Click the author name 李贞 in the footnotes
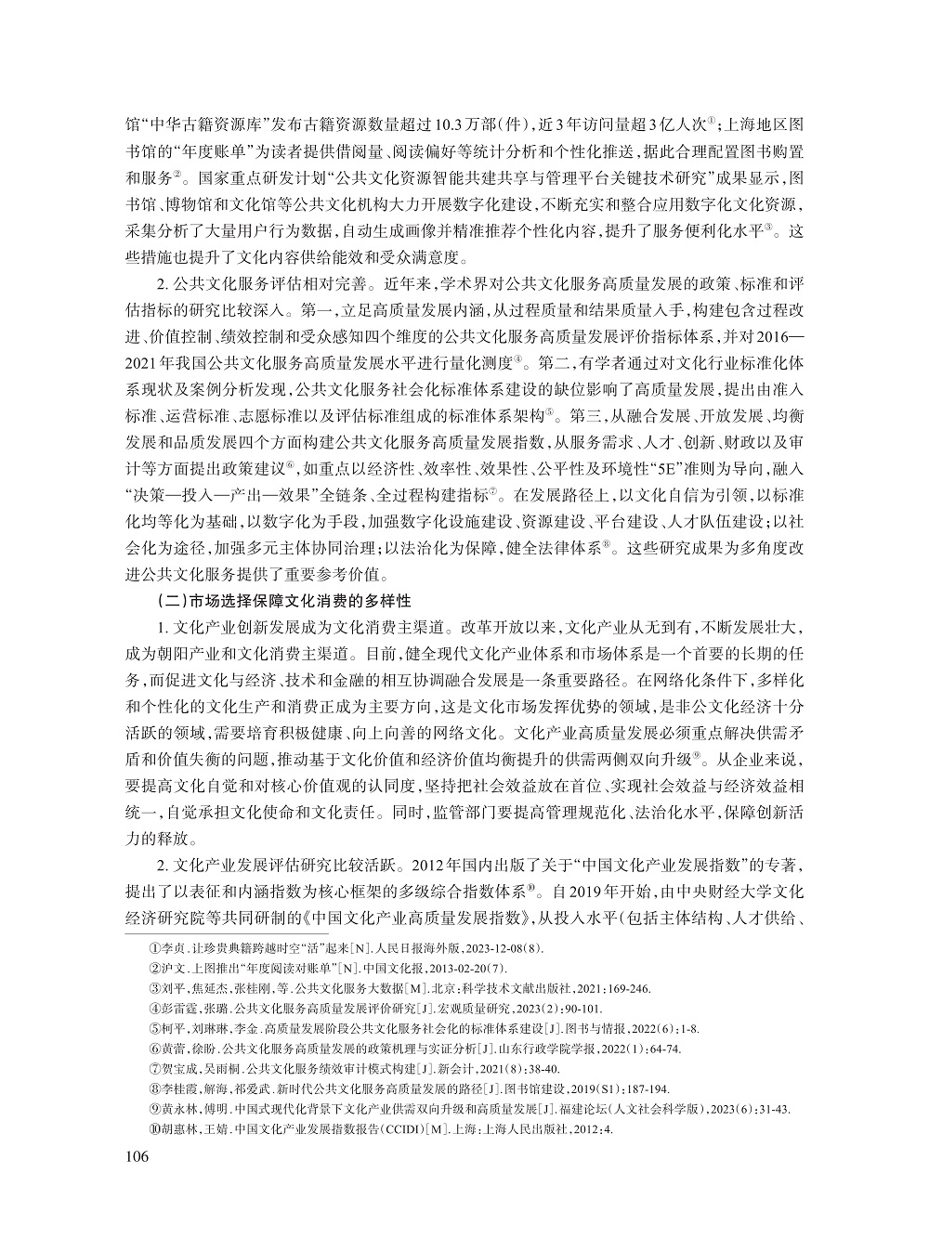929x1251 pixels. coord(173,948)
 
